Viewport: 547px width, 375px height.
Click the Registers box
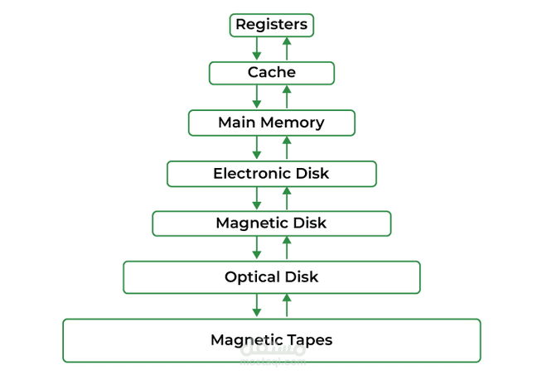point(271,25)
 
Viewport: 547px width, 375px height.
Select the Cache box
point(271,73)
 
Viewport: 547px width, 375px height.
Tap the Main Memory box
point(271,123)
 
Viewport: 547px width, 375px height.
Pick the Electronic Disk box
point(271,173)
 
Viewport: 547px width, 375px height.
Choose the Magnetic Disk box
point(271,223)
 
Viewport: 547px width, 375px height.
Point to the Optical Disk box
point(271,276)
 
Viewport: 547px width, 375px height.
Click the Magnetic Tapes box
point(271,339)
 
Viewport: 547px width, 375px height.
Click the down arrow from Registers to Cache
point(257,49)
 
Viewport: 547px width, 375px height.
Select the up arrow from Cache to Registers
point(287,49)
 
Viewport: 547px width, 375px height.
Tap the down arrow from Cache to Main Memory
point(257,98)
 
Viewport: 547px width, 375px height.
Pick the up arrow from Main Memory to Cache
point(287,98)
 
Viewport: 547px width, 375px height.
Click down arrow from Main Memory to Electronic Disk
point(257,148)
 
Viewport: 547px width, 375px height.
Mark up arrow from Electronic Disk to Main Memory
point(287,148)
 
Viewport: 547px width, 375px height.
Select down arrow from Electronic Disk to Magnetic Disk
point(257,199)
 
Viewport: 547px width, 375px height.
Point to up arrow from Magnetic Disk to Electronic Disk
point(287,199)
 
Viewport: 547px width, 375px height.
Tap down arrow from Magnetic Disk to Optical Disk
point(257,248)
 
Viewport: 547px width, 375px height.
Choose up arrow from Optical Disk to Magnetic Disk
point(287,248)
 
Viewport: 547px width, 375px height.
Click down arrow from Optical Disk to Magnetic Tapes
point(257,305)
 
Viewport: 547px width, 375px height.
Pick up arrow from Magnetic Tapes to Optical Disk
point(287,305)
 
